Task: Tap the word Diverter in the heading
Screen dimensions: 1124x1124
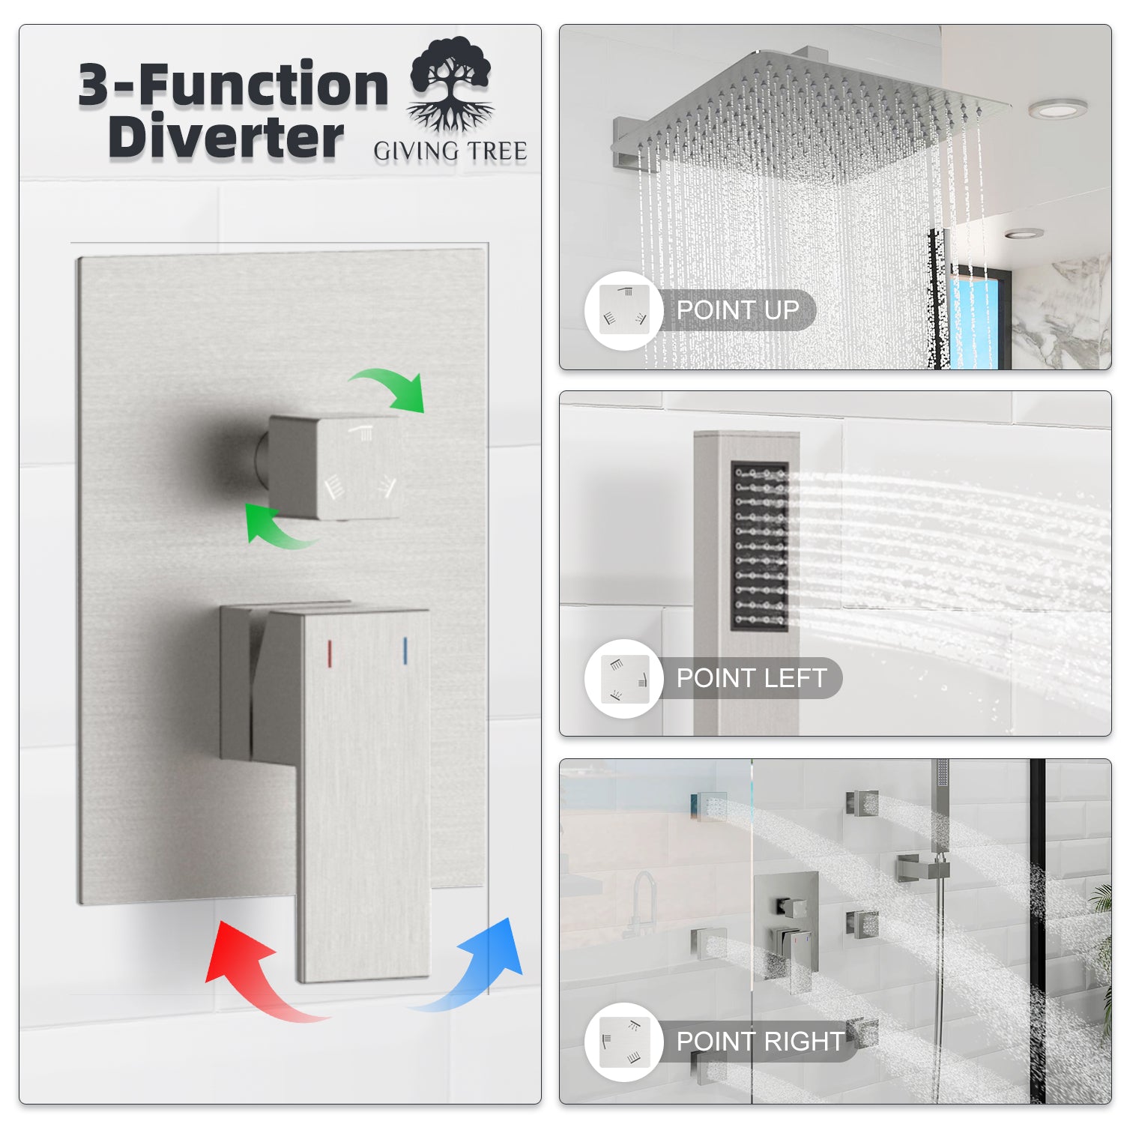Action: click(226, 137)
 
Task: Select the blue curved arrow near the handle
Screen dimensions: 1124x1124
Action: click(480, 967)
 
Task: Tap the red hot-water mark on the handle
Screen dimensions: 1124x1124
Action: click(329, 653)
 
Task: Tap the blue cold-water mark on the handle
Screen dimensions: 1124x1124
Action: click(405, 651)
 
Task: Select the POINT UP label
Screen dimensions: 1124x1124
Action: click(737, 310)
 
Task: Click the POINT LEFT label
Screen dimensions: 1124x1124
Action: click(751, 678)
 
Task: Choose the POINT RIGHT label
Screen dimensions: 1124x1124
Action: click(760, 1042)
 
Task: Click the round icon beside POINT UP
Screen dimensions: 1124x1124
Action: click(624, 310)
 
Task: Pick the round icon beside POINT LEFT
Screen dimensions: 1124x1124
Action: click(624, 678)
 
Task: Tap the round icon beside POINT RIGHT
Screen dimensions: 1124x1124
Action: click(624, 1042)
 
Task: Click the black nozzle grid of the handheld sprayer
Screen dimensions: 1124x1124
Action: click(759, 546)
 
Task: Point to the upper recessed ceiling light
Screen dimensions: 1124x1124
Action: click(1057, 109)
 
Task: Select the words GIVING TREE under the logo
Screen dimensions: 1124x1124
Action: click(450, 151)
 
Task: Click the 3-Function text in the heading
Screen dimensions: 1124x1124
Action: click(233, 85)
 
